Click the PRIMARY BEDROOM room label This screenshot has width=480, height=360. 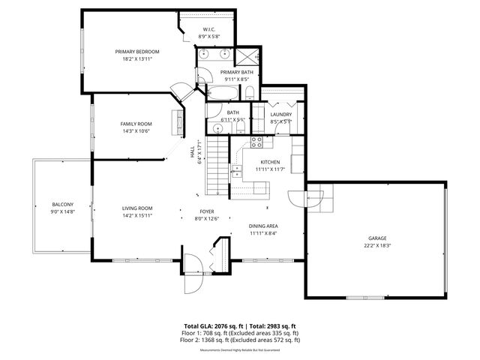137,52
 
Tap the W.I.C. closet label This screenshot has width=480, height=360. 210,30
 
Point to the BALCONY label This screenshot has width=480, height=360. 62,204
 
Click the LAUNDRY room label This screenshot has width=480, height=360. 280,114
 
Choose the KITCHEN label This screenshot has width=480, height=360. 270,162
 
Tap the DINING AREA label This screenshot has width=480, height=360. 263,226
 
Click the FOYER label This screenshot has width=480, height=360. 208,211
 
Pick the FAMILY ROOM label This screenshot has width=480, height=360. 136,124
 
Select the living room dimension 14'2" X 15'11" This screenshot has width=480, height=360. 137,215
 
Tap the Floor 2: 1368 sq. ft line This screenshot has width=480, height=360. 241,340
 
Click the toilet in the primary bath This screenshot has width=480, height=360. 248,93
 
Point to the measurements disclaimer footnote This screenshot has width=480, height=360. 241,349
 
